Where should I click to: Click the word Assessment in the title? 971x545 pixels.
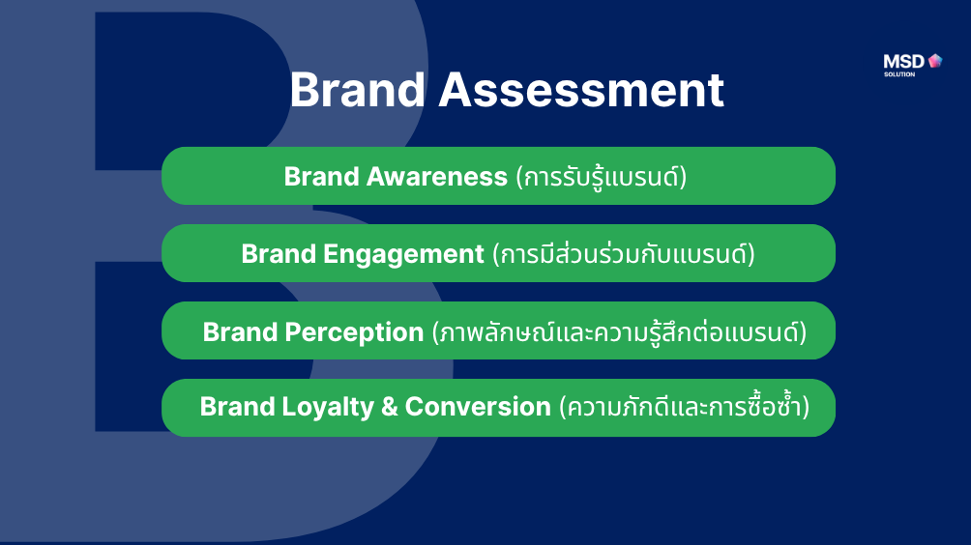581,90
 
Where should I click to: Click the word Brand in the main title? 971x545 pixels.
357,90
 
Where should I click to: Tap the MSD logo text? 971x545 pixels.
903,61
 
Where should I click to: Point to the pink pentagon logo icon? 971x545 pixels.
935,60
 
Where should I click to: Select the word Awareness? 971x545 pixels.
436,177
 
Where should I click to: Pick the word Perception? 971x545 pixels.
354,332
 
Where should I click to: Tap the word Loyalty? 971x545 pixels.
328,408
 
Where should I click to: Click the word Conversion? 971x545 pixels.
478,407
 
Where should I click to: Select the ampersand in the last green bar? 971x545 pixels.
390,407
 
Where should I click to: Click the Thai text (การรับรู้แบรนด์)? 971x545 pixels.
601,178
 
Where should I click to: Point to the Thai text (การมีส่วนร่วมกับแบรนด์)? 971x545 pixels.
624,254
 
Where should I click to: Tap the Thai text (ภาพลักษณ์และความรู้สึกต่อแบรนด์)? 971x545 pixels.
619,332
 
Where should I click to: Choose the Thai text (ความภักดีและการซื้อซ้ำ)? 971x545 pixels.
685,407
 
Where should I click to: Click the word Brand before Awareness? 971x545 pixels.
321,177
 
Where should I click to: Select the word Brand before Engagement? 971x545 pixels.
279,254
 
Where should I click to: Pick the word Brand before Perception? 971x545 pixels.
240,332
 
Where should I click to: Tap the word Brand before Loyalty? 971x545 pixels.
237,407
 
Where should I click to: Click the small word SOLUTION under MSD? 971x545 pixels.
899,74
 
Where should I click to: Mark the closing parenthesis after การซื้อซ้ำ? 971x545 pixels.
806,407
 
